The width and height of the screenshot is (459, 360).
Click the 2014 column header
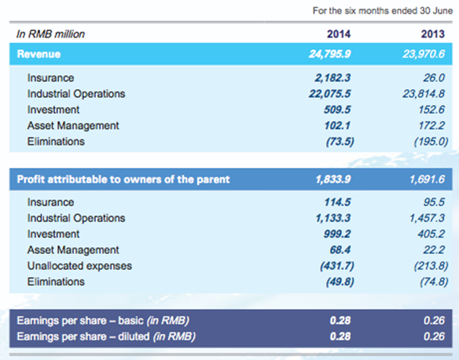(339, 34)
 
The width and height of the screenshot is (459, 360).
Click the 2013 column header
(433, 34)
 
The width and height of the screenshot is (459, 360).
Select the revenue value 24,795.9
(330, 54)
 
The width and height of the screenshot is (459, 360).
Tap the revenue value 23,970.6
(424, 54)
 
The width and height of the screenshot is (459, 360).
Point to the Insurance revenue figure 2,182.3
(332, 78)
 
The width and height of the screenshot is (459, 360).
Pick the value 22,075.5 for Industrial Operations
(330, 94)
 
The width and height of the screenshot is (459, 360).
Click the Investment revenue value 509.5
(337, 110)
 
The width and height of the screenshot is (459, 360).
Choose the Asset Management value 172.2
(431, 126)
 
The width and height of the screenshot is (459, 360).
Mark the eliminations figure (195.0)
(431, 142)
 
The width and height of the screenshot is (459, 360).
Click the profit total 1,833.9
(333, 179)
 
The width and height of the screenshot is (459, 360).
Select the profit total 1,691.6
(427, 179)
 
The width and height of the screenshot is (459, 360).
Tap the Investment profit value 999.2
(337, 234)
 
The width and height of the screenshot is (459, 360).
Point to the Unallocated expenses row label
(80, 266)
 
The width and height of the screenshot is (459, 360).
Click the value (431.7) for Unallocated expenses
(337, 266)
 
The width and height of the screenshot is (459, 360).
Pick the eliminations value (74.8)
(433, 282)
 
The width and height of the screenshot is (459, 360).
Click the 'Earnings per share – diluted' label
(106, 337)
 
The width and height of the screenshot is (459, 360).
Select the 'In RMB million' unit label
(51, 34)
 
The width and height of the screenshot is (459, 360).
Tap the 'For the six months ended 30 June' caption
(382, 11)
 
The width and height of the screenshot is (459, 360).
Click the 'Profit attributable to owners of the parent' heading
(124, 179)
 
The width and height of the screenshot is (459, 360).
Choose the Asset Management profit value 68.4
(340, 250)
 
